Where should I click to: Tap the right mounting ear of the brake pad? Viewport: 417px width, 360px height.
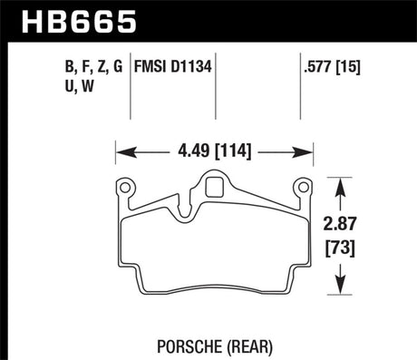(304, 189)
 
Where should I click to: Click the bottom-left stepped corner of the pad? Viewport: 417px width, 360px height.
(141, 277)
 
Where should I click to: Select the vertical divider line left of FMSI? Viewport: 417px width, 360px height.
(132, 86)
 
